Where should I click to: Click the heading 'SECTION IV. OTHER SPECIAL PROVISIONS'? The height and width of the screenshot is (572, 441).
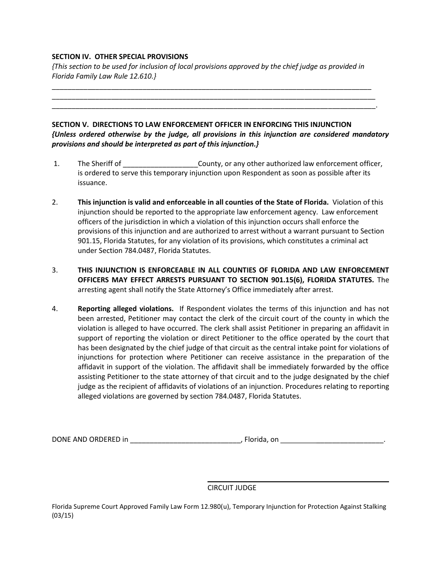click(120, 57)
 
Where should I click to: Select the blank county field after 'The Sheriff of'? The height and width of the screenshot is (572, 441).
click(160, 164)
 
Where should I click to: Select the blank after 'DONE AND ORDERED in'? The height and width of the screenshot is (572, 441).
click(185, 440)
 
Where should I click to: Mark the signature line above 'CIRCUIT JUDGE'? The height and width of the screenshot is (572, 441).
click(298, 481)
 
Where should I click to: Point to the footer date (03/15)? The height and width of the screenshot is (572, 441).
click(63, 516)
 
